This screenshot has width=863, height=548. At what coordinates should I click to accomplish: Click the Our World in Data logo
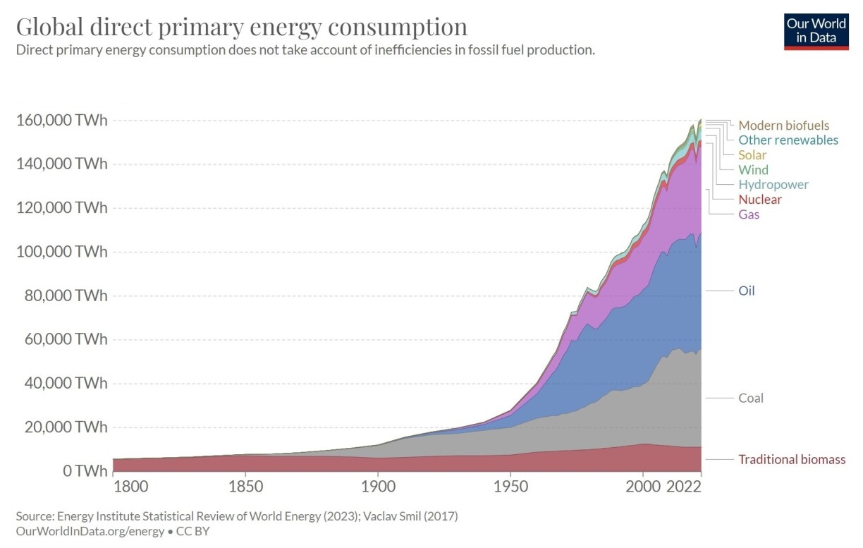[x=816, y=31]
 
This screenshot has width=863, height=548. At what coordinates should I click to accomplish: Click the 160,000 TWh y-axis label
[x=61, y=121]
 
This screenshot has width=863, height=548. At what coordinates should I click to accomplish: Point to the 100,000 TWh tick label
[x=61, y=252]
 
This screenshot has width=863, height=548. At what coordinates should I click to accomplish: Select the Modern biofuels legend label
[x=784, y=126]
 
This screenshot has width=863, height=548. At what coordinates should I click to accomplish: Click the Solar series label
[x=752, y=155]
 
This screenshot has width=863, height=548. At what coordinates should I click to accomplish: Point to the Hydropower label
[x=773, y=185]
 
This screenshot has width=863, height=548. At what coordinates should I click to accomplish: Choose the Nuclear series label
[x=760, y=200]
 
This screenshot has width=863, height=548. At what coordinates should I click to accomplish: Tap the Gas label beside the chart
[x=749, y=214]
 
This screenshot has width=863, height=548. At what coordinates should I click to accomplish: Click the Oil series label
[x=747, y=291]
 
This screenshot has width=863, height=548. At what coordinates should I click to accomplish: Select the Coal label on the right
[x=751, y=398]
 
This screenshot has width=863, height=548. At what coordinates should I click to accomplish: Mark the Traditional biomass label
[x=792, y=460]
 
